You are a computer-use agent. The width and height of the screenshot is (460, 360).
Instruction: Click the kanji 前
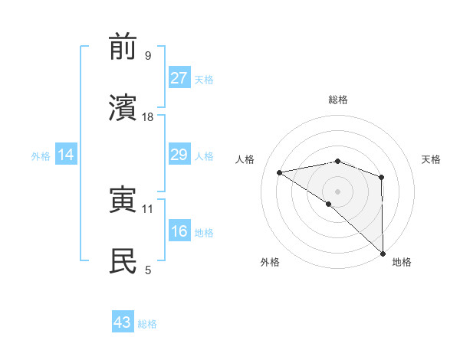pyautogui.click(x=123, y=47)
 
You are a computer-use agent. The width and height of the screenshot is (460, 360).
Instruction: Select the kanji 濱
pyautogui.click(x=123, y=108)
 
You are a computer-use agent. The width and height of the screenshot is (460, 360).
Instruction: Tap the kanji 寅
pyautogui.click(x=123, y=200)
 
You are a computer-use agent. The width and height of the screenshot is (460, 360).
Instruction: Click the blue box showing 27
pyautogui.click(x=179, y=77)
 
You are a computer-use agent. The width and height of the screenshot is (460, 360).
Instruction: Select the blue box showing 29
pyautogui.click(x=179, y=155)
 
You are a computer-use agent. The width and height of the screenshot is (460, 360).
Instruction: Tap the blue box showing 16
pyautogui.click(x=179, y=231)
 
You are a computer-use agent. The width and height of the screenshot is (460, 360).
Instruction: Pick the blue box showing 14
pyautogui.click(x=65, y=155)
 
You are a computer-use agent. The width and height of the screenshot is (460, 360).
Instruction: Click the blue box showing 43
pyautogui.click(x=123, y=322)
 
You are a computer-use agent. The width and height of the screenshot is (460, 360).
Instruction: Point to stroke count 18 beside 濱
pyautogui.click(x=148, y=117)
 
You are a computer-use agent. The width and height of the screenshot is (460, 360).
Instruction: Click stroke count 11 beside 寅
pyautogui.click(x=148, y=208)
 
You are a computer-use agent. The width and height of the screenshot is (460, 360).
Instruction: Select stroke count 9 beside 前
pyautogui.click(x=148, y=56)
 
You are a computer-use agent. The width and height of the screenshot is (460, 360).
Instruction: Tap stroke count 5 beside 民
pyautogui.click(x=148, y=270)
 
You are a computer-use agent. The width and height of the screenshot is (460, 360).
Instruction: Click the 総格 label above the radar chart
pyautogui.click(x=338, y=100)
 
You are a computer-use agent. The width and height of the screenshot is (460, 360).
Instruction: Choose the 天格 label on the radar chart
pyautogui.click(x=432, y=159)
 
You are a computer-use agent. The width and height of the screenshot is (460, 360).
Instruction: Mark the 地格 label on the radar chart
pyautogui.click(x=402, y=262)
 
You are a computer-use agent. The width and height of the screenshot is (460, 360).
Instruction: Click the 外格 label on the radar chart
pyautogui.click(x=270, y=262)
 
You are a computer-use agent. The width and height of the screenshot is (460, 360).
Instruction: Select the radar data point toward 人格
pyautogui.click(x=280, y=172)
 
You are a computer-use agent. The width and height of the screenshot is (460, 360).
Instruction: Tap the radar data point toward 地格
pyautogui.click(x=382, y=253)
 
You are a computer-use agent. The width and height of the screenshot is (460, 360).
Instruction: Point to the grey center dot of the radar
pyautogui.click(x=338, y=191)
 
